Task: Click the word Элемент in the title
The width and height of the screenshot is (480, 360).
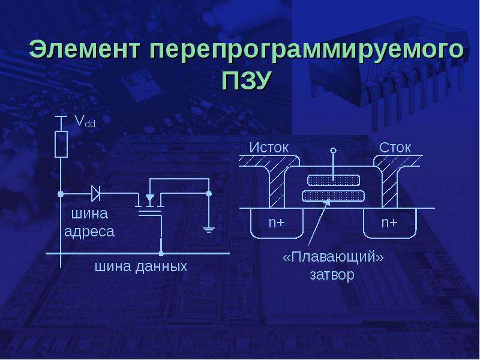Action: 85,49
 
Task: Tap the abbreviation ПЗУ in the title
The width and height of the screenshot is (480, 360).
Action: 247,80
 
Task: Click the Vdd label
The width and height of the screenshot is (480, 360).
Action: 85,122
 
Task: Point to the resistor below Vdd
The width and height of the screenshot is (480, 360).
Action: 61,144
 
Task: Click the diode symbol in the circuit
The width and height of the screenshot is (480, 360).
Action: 96,194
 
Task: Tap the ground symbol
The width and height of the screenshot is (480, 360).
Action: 209,229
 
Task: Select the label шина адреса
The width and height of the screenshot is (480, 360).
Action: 89,223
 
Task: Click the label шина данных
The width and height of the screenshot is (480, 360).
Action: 141,266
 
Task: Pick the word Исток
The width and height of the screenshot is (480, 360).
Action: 269,148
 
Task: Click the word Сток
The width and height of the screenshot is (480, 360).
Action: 395,148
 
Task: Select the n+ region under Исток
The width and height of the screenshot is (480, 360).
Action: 277,223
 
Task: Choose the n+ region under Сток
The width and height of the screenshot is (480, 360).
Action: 389,223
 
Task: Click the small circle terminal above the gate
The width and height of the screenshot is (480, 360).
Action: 334,150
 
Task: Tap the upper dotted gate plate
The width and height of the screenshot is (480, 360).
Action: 333,181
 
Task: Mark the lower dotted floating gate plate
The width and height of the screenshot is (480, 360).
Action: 334,196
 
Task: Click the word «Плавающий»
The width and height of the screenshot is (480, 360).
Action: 333,257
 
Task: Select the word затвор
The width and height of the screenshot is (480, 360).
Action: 332,275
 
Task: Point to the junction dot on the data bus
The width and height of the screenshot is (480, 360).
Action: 161,253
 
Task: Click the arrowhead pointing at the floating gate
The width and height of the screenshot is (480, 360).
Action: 327,202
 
